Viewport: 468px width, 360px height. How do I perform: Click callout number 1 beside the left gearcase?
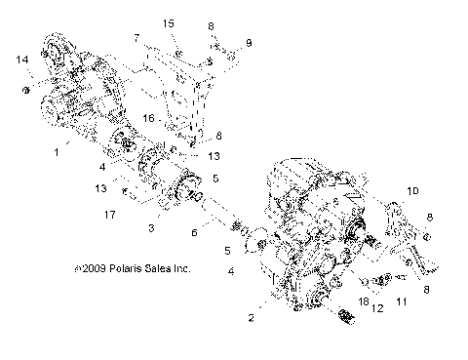point(58,151)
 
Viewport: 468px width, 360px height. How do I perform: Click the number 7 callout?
point(136,38)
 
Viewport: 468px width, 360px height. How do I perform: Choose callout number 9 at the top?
point(249,43)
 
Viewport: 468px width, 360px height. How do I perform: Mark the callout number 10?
point(411,191)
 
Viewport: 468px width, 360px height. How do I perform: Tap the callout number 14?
point(21,60)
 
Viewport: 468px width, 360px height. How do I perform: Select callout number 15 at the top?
point(168,21)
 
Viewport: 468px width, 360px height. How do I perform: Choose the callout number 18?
point(364,302)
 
